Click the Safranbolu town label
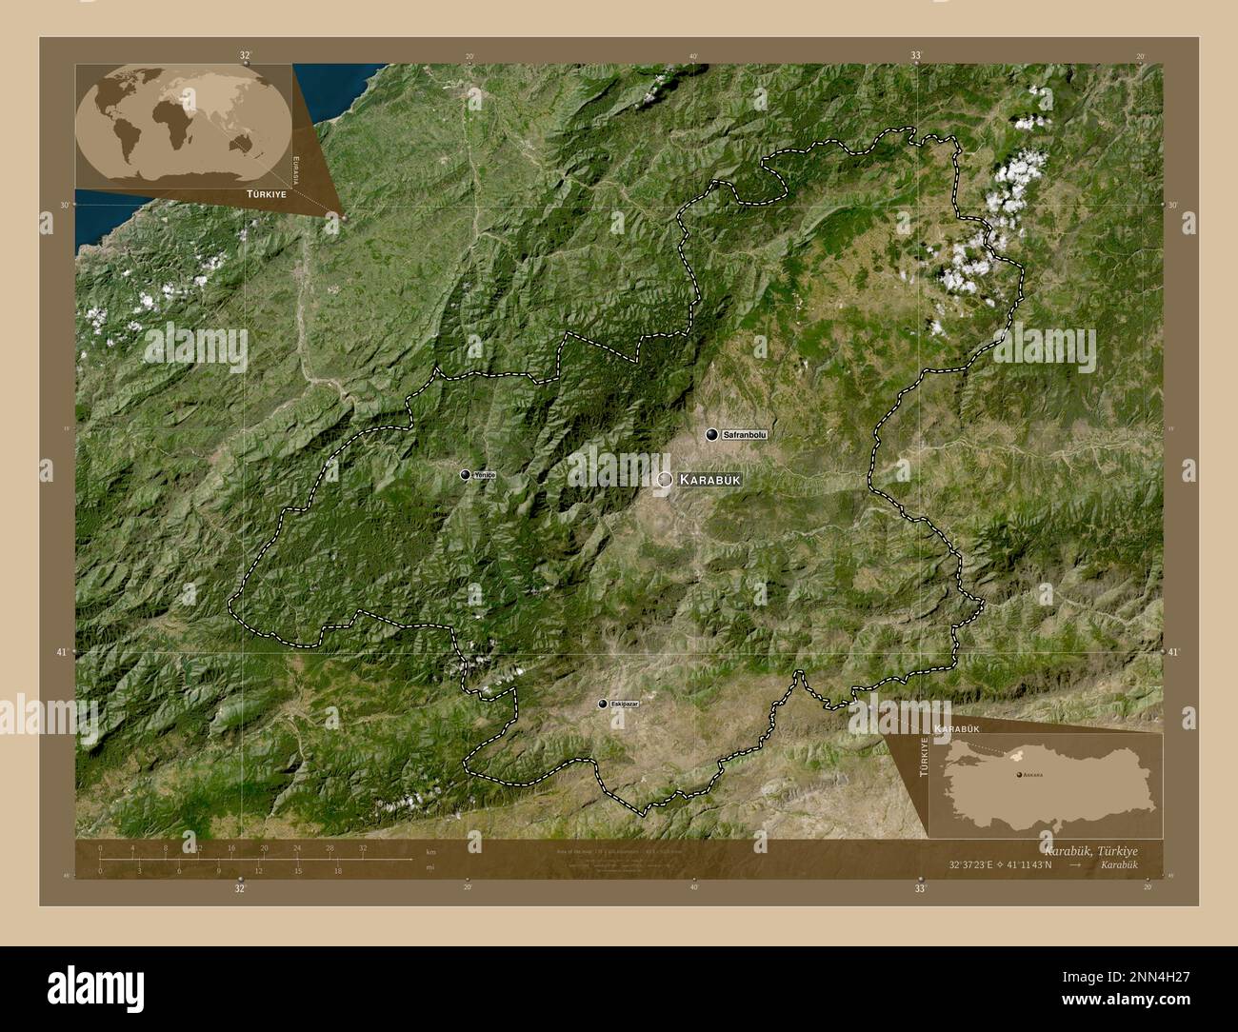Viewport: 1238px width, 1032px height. coord(744,435)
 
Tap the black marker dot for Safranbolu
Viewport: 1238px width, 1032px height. coord(711,435)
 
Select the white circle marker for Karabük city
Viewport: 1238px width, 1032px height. coord(664,479)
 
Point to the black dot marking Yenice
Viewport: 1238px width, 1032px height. coord(465,474)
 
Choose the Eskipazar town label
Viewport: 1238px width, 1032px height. coord(625,704)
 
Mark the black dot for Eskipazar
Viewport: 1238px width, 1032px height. coord(602,704)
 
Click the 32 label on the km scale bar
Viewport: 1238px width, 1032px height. coord(363,847)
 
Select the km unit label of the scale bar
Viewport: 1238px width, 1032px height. coord(430,851)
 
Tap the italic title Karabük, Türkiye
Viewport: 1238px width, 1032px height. coord(1090,848)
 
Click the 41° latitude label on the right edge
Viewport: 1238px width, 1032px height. coord(1171,652)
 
